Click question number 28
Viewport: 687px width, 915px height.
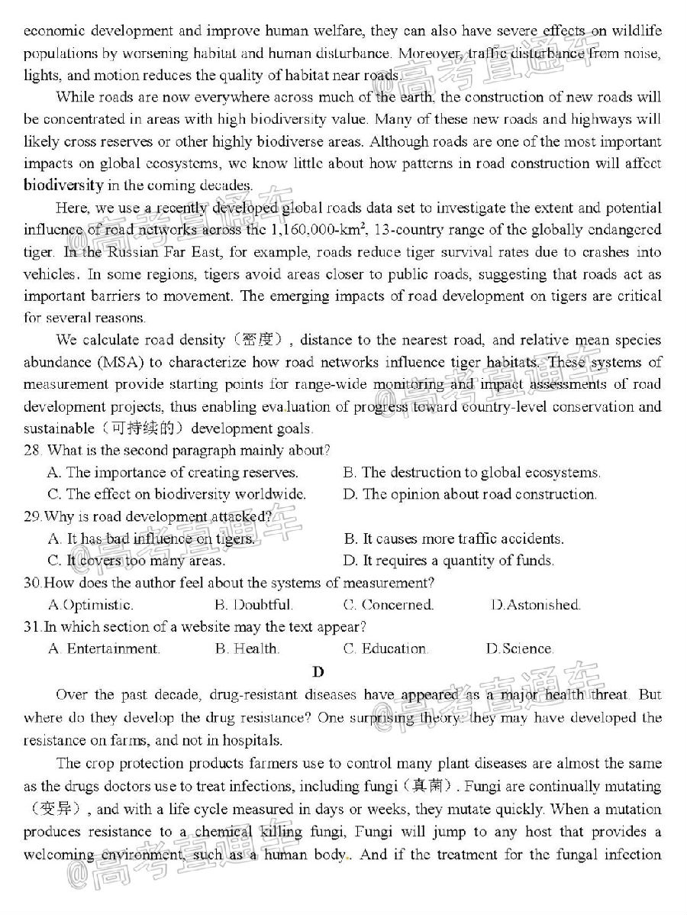[32, 451]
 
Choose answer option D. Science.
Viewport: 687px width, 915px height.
[519, 649]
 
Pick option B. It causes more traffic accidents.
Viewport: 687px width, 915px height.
[453, 539]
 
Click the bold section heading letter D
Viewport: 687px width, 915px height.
[318, 672]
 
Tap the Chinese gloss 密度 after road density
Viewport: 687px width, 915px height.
[260, 341]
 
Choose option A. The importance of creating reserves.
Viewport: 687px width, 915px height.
[173, 473]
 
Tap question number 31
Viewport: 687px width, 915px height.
[32, 627]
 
